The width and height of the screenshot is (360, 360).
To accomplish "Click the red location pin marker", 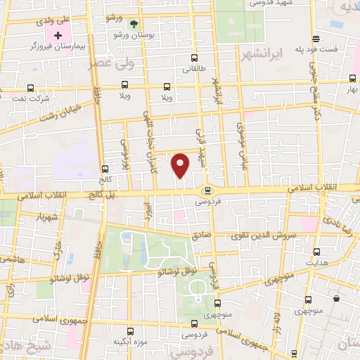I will click(x=181, y=165).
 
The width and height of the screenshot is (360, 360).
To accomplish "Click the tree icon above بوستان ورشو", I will click(x=134, y=25).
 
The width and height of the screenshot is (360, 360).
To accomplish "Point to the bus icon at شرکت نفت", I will click(x=30, y=88).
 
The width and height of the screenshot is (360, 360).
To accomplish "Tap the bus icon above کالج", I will click(x=105, y=169).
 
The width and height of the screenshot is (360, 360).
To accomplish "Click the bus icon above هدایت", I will click(x=317, y=252).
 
